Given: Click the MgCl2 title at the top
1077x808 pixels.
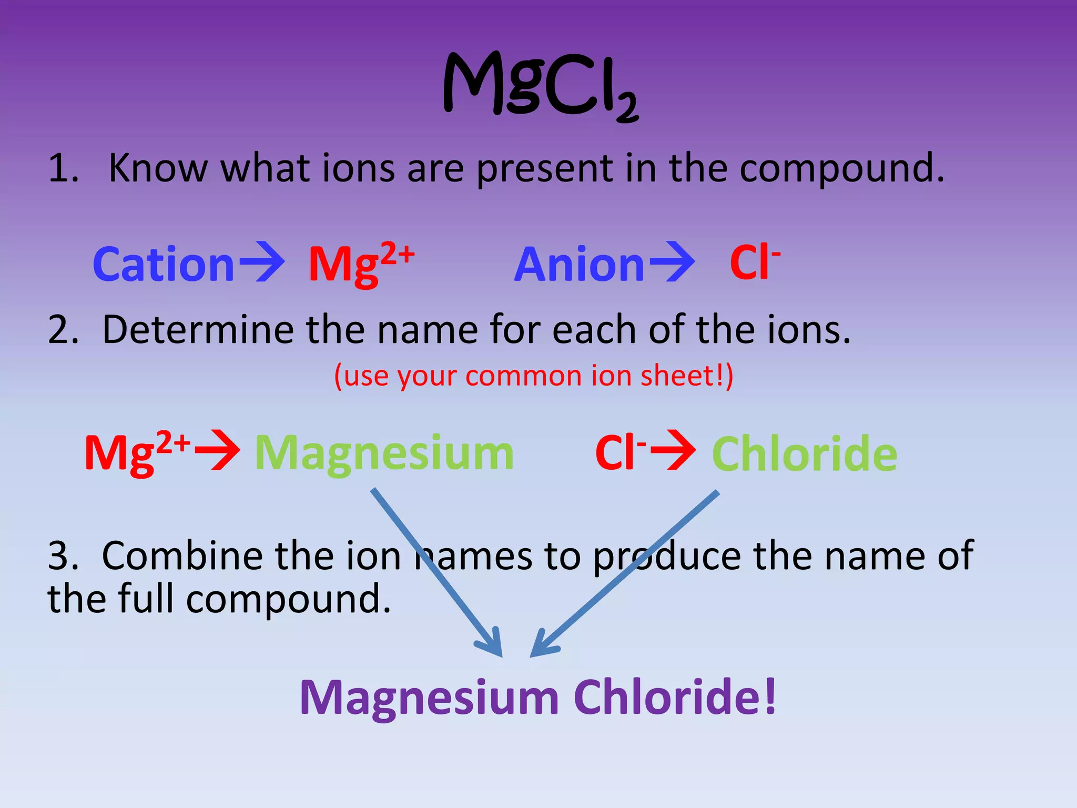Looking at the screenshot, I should [541, 85].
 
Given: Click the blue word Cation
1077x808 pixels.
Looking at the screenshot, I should [163, 265].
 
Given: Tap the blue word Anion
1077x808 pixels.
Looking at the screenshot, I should [579, 265].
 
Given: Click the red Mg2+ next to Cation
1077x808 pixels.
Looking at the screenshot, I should [361, 263].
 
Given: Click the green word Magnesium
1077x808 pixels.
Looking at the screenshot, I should [384, 453].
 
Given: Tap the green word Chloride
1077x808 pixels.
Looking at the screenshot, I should [804, 454].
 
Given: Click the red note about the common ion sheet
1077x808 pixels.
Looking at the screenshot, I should [533, 376].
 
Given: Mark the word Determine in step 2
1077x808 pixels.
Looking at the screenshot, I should [198, 330].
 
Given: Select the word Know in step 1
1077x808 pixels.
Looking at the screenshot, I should [158, 168].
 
